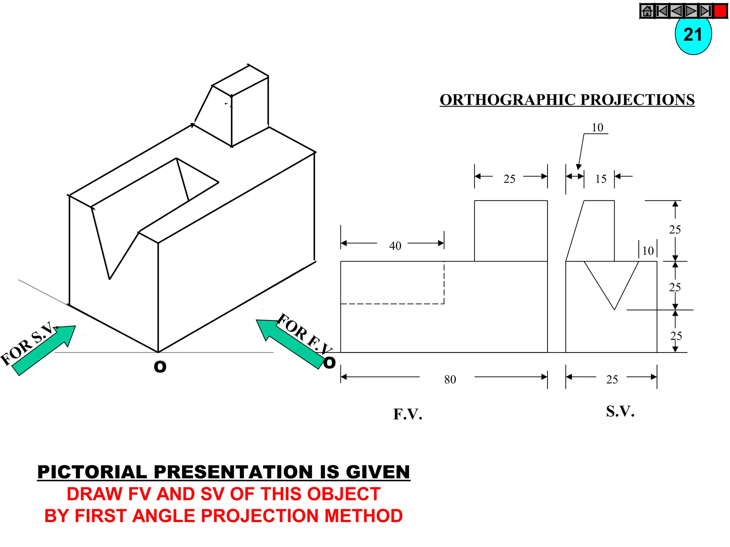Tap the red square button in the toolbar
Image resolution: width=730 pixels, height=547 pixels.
tap(720, 11)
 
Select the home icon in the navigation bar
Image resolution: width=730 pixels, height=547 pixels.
tap(647, 11)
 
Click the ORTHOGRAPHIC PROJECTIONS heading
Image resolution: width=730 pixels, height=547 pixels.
tap(567, 100)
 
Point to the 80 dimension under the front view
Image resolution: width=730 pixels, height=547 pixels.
tap(450, 379)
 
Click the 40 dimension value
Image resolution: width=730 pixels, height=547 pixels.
tap(395, 246)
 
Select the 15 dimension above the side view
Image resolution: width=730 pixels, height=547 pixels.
tap(601, 179)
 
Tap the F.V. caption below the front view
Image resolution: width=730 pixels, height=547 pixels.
tap(408, 414)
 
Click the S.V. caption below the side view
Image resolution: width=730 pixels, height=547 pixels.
tap(620, 411)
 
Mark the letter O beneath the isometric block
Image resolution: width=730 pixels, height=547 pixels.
tap(160, 366)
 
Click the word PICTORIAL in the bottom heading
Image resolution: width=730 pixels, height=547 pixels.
tap(92, 472)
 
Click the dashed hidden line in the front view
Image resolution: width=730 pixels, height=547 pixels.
tap(392, 304)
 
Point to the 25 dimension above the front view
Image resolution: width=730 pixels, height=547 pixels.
tap(509, 179)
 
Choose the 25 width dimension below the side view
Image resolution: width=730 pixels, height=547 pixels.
tap(612, 379)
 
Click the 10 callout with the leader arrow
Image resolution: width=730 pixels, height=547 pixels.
tap(597, 127)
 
